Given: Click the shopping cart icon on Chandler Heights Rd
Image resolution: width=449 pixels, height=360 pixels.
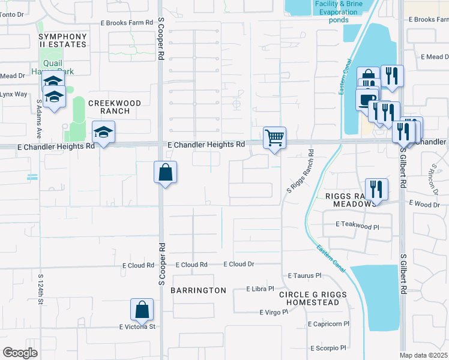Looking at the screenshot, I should pyautogui.click(x=274, y=137).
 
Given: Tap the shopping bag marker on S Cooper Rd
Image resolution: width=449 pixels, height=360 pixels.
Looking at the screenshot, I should pyautogui.click(x=165, y=173).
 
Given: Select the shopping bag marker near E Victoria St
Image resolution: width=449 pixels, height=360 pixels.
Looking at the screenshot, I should pyautogui.click(x=142, y=310).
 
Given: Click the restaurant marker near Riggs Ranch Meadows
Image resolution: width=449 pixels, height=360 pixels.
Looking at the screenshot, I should pyautogui.click(x=376, y=189).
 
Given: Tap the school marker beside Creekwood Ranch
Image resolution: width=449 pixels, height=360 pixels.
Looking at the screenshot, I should pyautogui.click(x=103, y=133).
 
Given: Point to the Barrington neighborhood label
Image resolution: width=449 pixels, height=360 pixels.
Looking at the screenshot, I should pyautogui.click(x=198, y=290).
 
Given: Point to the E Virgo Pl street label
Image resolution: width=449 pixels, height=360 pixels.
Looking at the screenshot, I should pyautogui.click(x=274, y=312).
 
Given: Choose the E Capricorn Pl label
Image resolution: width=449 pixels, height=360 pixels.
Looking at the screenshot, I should pyautogui.click(x=328, y=324).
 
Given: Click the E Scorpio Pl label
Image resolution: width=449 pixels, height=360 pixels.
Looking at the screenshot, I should pyautogui.click(x=328, y=348).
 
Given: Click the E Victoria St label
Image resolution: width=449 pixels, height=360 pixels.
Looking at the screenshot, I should pyautogui.click(x=137, y=327).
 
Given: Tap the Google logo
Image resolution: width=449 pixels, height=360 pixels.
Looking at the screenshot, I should pyautogui.click(x=20, y=353).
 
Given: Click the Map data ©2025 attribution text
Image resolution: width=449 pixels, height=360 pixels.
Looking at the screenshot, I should pyautogui.click(x=423, y=355).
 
